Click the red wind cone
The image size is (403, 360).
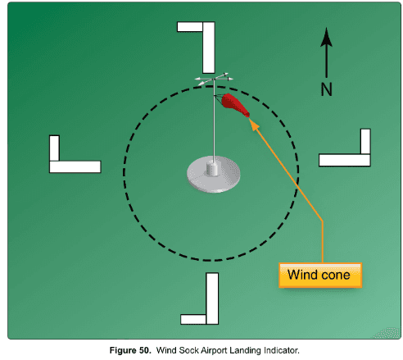235,104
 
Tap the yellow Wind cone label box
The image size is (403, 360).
320,276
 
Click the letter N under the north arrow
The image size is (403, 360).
326,89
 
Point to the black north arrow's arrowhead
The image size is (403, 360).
326,37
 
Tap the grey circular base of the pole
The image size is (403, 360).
214,175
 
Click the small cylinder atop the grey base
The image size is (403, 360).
212,168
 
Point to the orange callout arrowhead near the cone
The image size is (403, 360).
254,125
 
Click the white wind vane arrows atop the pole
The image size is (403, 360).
214,79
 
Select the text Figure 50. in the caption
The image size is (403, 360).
130,350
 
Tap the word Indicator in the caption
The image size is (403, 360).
282,350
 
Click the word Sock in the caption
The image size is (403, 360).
189,350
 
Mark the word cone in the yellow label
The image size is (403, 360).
336,275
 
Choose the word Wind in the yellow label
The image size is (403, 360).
303,275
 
